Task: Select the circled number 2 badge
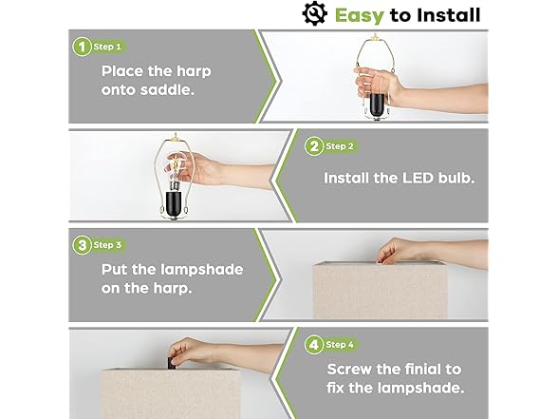coord(312,146)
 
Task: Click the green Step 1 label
coord(108,47)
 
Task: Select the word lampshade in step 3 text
coord(196,270)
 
